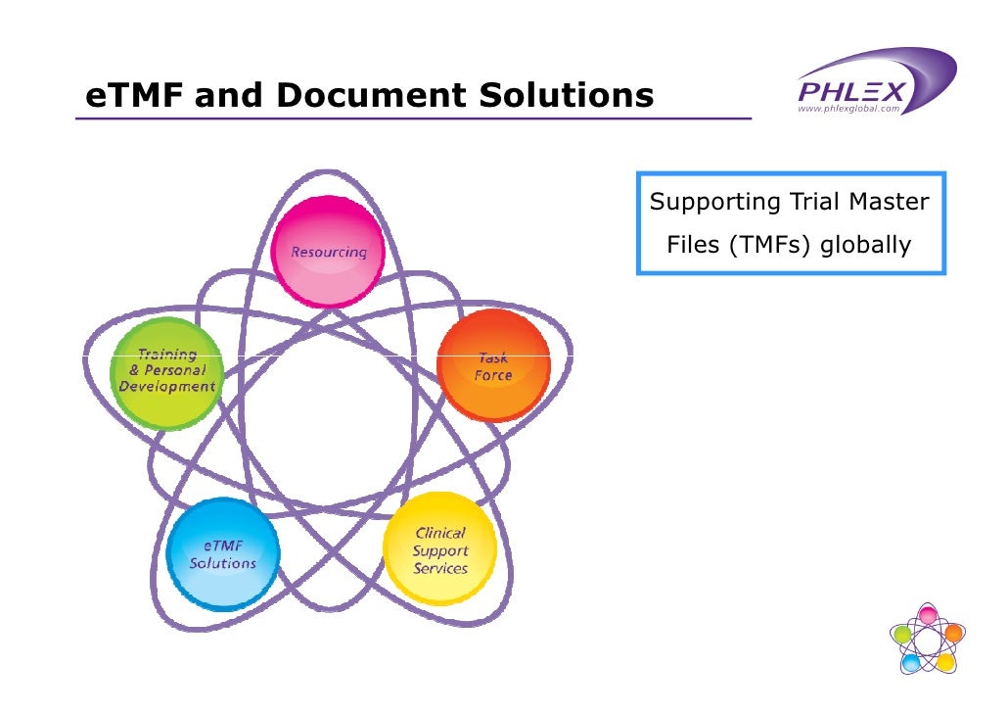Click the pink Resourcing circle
click(x=327, y=253)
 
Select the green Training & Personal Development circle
click(x=167, y=373)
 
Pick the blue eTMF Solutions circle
click(x=223, y=553)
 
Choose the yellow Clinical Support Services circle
click(x=439, y=549)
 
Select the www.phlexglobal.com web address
click(x=848, y=110)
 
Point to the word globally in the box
click(x=865, y=244)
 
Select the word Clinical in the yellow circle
click(x=440, y=534)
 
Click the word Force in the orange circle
click(x=492, y=376)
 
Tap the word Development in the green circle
click(x=167, y=387)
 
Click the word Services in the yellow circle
click(x=439, y=569)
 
